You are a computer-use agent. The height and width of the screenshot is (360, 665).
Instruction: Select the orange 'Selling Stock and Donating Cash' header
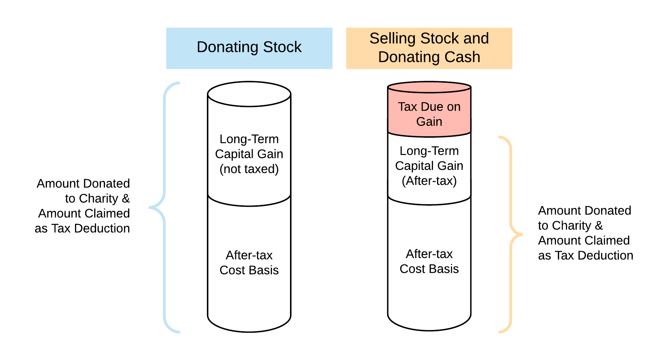[429, 48]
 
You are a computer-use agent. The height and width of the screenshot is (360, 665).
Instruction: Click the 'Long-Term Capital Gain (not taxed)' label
[249, 154]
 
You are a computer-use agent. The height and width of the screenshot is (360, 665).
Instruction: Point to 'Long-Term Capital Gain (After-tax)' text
[429, 165]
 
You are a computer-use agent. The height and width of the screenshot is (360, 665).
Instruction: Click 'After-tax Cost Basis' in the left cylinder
[249, 263]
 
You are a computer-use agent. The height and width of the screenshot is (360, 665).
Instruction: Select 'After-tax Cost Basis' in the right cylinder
[429, 261]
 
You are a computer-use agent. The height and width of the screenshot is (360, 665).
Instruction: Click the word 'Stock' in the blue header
[282, 47]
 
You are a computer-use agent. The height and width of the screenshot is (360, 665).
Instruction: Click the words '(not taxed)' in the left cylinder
[249, 169]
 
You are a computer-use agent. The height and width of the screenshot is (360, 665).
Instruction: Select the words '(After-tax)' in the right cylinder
[429, 181]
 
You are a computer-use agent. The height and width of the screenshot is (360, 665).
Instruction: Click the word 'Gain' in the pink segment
[429, 121]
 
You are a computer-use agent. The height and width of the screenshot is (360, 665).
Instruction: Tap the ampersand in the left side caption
[126, 199]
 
